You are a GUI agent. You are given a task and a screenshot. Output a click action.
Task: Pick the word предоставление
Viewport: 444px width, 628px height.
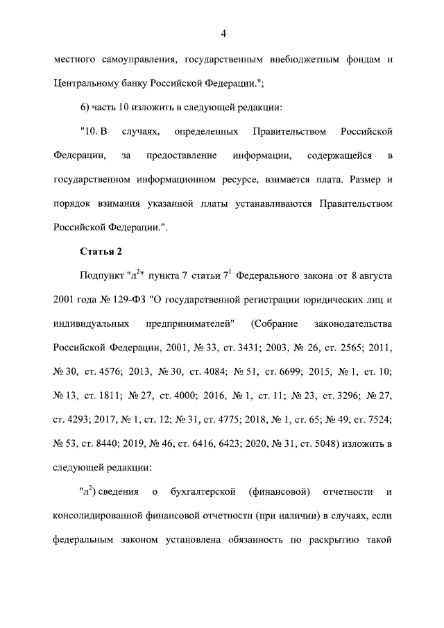coord(182,155)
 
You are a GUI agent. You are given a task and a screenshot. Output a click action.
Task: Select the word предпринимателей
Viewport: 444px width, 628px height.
coord(190,323)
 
